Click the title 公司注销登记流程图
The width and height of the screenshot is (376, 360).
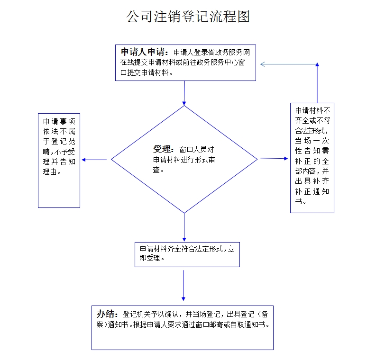(x=188, y=17)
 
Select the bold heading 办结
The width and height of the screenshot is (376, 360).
(x=107, y=314)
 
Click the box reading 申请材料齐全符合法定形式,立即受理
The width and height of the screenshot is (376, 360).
(x=187, y=254)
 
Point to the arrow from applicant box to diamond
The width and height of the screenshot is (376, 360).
(x=184, y=93)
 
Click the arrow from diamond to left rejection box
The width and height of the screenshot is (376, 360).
(x=95, y=160)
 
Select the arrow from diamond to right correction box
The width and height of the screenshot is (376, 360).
(x=274, y=158)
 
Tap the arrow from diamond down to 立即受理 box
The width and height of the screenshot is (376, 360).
(x=184, y=227)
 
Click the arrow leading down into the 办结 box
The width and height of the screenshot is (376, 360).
(x=183, y=285)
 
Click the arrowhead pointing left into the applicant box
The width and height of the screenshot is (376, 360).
(x=263, y=64)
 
